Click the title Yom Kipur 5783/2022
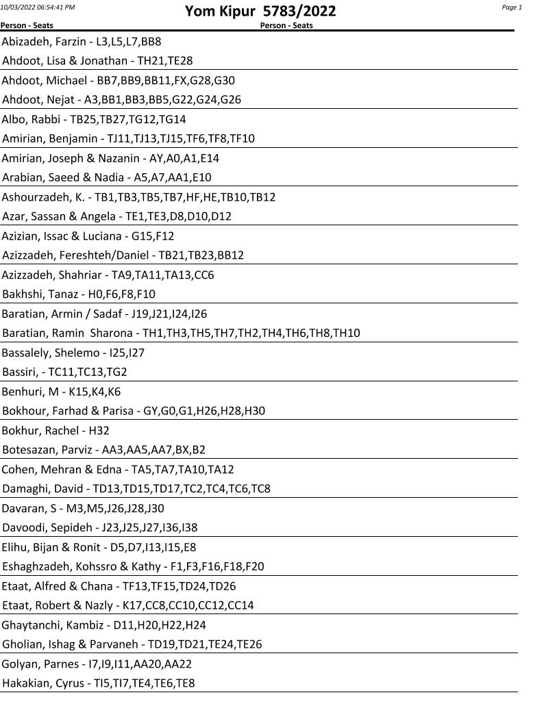(260, 12)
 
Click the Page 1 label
(512, 8)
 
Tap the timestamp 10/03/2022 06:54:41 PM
(38, 7)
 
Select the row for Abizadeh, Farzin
(82, 41)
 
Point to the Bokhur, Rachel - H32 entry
(55, 431)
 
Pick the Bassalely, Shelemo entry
(73, 353)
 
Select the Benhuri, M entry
(61, 392)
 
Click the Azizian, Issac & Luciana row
(88, 236)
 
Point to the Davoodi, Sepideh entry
(100, 528)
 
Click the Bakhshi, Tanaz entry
(79, 294)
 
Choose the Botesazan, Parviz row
(103, 450)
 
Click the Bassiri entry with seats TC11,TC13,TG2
(64, 372)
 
